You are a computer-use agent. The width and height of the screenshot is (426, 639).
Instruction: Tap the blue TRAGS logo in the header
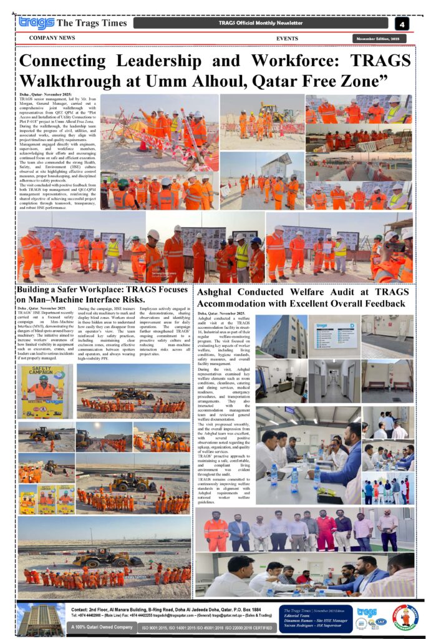[x=36, y=23]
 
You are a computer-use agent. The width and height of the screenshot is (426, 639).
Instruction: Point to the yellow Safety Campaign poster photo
[x=42, y=391]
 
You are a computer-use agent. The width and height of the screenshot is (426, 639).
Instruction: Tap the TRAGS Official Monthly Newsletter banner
[x=260, y=24]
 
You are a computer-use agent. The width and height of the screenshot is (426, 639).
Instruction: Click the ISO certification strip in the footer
[x=206, y=627]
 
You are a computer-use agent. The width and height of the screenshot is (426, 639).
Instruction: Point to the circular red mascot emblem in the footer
[x=405, y=618]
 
